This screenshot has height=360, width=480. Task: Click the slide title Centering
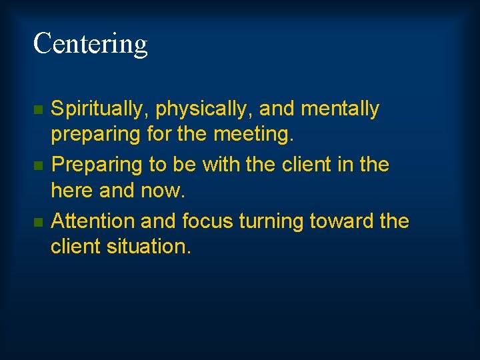click(x=90, y=44)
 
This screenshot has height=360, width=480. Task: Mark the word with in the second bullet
click(x=221, y=164)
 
